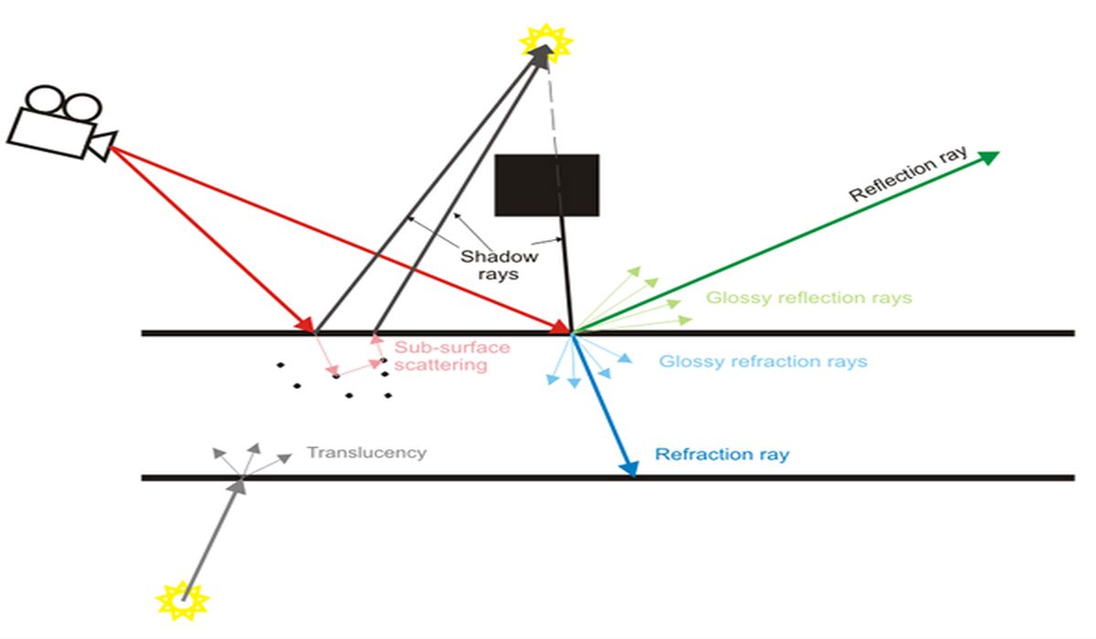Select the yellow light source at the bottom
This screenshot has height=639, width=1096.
click(183, 602)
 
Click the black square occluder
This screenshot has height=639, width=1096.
click(546, 185)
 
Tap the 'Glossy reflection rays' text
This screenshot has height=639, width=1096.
click(808, 299)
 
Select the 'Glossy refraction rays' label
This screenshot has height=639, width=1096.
click(763, 361)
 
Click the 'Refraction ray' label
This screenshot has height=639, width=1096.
click(722, 454)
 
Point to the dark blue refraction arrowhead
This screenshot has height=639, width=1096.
click(629, 467)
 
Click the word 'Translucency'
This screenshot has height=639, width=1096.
click(366, 452)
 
